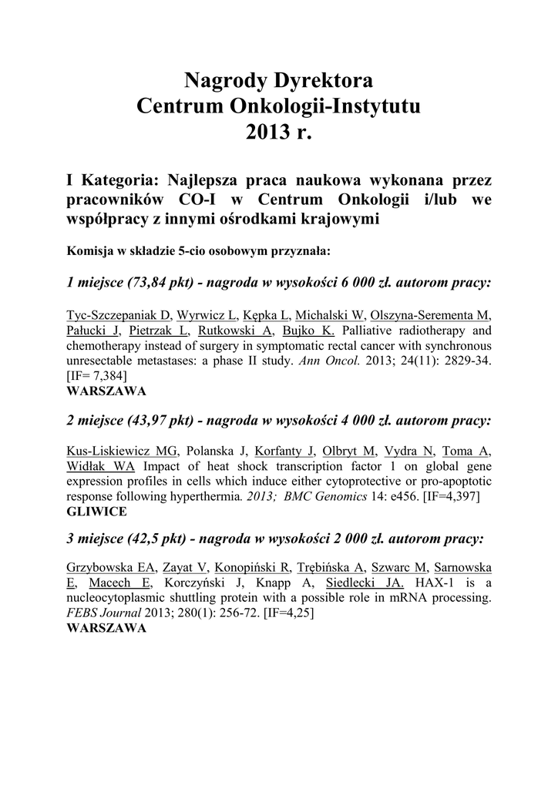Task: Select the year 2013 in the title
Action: tap(266, 132)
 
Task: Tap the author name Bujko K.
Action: tap(308, 331)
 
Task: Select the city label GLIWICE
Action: tap(96, 512)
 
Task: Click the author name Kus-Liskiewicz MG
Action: tap(123, 452)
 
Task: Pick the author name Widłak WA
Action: tap(102, 467)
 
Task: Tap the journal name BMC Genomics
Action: tap(324, 497)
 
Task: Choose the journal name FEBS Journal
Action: tap(103, 613)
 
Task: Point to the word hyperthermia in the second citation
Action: tap(207, 497)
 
